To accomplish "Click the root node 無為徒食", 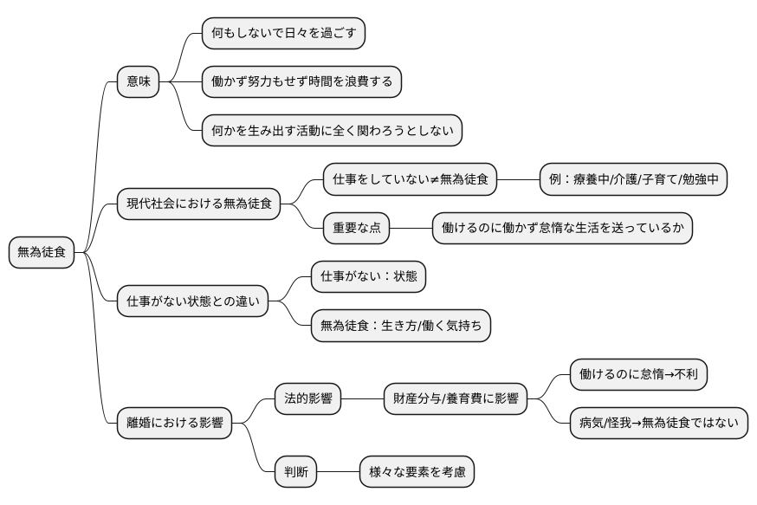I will tap(41, 253).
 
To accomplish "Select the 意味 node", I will tap(139, 82).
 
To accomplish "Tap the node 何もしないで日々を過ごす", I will tap(283, 34).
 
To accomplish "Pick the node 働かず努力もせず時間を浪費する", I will tap(301, 82).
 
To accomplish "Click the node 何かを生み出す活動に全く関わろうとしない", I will tap(331, 131).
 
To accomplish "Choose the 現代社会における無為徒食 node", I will tap(198, 204).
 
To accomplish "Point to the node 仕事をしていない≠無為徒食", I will tap(411, 180).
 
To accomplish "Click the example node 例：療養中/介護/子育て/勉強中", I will tap(632, 180).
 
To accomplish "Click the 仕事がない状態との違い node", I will tap(192, 301).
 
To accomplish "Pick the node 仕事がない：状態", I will tap(368, 277).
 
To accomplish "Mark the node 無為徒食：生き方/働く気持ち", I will tap(400, 326).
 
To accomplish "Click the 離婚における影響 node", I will tap(174, 424).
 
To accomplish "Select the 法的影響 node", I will tap(307, 399).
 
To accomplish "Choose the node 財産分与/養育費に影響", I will tap(456, 399).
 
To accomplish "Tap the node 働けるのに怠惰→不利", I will tap(639, 375).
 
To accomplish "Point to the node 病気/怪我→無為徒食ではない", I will tap(658, 424).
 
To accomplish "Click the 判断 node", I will tap(295, 472).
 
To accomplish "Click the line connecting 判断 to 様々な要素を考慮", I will tap(339, 472).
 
